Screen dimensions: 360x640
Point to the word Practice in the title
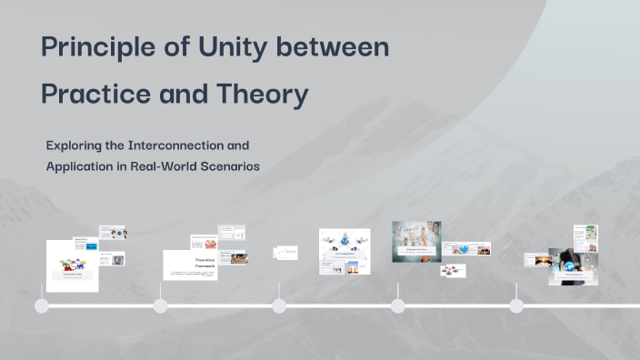click(98, 94)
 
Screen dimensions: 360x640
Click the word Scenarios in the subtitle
click(227, 166)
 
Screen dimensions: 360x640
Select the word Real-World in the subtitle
click(159, 166)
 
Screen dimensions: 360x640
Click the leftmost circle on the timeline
click(42, 305)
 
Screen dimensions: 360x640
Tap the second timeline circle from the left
click(161, 305)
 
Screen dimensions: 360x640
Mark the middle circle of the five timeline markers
click(279, 305)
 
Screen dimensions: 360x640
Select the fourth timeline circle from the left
click(397, 305)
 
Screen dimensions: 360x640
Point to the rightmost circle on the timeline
click(516, 305)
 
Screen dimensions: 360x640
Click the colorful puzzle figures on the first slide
click(72, 265)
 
